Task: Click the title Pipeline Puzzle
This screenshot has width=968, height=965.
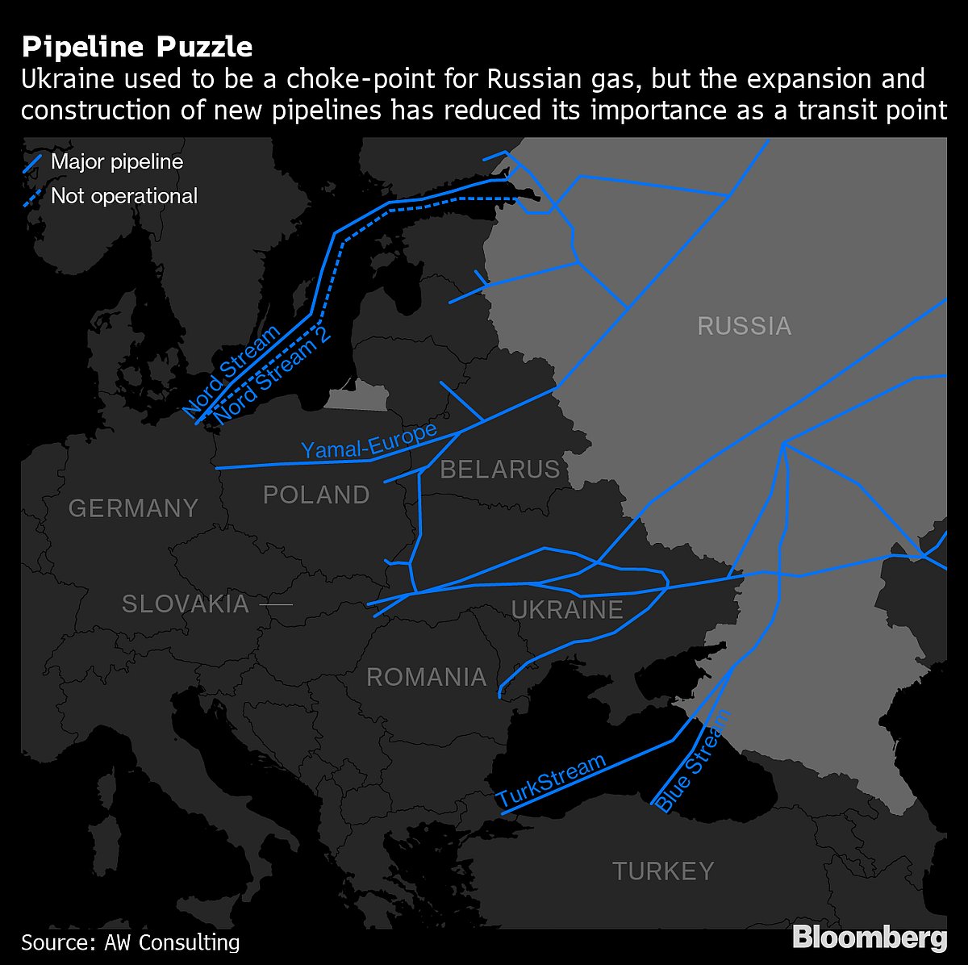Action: point(137,47)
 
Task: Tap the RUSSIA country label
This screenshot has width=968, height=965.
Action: point(744,326)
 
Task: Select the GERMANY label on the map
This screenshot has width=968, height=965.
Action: point(133,508)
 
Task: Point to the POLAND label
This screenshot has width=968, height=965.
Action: point(316,495)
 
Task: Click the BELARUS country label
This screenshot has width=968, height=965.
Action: point(500,469)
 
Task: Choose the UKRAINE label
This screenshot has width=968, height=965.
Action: point(567,610)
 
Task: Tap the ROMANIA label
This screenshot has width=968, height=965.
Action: point(427,677)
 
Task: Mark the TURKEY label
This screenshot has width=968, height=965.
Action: point(663,871)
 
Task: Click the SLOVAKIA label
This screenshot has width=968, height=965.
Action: point(186,604)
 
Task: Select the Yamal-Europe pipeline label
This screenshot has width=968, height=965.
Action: point(369,441)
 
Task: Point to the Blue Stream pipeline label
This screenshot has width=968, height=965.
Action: point(692,761)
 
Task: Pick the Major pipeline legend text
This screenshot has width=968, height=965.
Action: point(117,161)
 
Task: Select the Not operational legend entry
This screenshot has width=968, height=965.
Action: point(123,195)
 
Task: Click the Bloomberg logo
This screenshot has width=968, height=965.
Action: point(870,938)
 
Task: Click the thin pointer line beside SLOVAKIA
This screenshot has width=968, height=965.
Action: point(275,604)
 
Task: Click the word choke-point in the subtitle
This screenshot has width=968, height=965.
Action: point(315,80)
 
